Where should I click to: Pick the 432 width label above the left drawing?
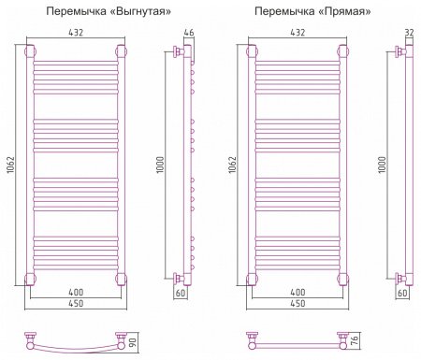click(76, 33)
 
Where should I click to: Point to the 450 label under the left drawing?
click(76, 306)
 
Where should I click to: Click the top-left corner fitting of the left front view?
click(33, 51)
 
